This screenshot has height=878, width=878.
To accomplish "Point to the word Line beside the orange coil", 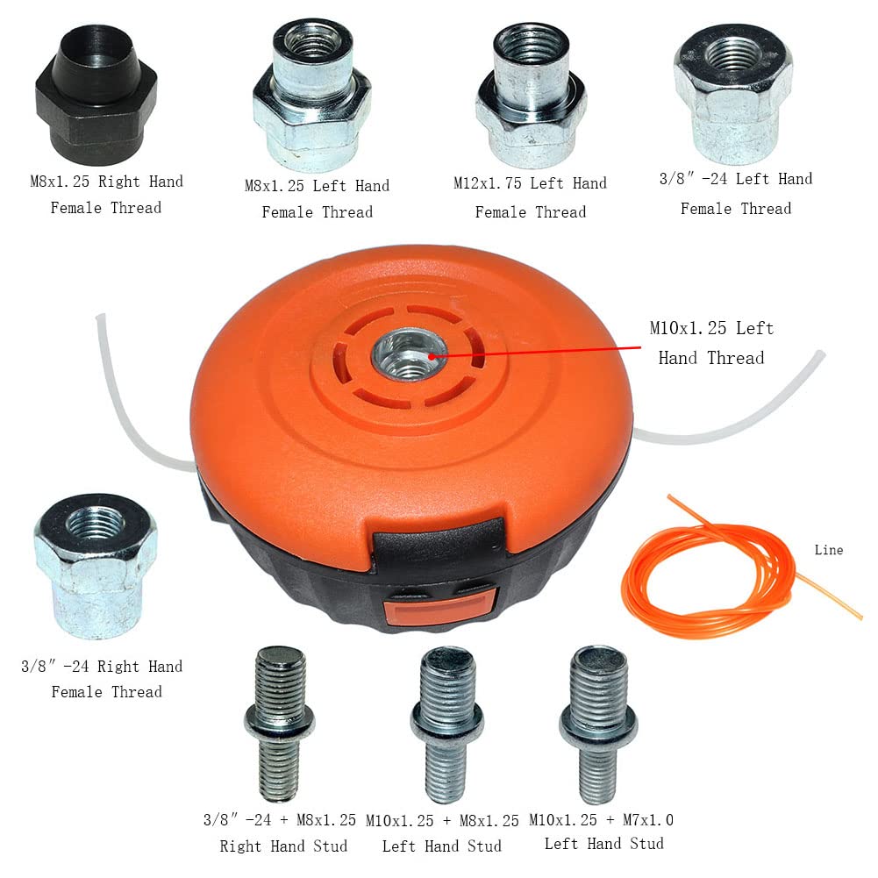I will pyautogui.click(x=828, y=550).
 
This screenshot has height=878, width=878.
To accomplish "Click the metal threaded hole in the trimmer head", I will pyautogui.click(x=408, y=354).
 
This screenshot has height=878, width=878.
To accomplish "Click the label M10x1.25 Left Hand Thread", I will pyautogui.click(x=711, y=342).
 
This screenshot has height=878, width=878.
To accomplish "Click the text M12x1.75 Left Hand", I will pyautogui.click(x=530, y=183).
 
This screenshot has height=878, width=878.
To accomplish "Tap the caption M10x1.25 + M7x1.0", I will pyautogui.click(x=601, y=820).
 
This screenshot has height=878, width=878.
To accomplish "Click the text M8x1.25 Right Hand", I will pyautogui.click(x=106, y=182).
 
